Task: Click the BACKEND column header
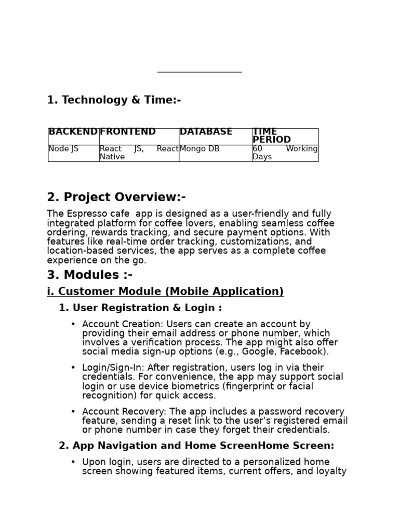point(73,132)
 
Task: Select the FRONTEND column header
point(128,132)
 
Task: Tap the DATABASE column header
point(206,132)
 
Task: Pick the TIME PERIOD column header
point(271,136)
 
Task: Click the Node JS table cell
point(63,149)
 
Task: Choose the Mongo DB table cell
point(199,149)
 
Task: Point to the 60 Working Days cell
point(285,153)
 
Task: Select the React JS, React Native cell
point(139,153)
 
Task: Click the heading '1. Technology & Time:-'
point(114,100)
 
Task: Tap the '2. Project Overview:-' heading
point(116,198)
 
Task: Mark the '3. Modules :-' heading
point(89,275)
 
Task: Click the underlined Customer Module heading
point(165,292)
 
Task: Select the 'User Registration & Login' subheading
point(140,308)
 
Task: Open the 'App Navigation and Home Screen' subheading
point(196,446)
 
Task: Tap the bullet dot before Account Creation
point(73,325)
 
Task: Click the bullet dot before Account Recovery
point(73,412)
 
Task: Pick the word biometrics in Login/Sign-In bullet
point(188,386)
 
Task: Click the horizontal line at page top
point(199,72)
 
